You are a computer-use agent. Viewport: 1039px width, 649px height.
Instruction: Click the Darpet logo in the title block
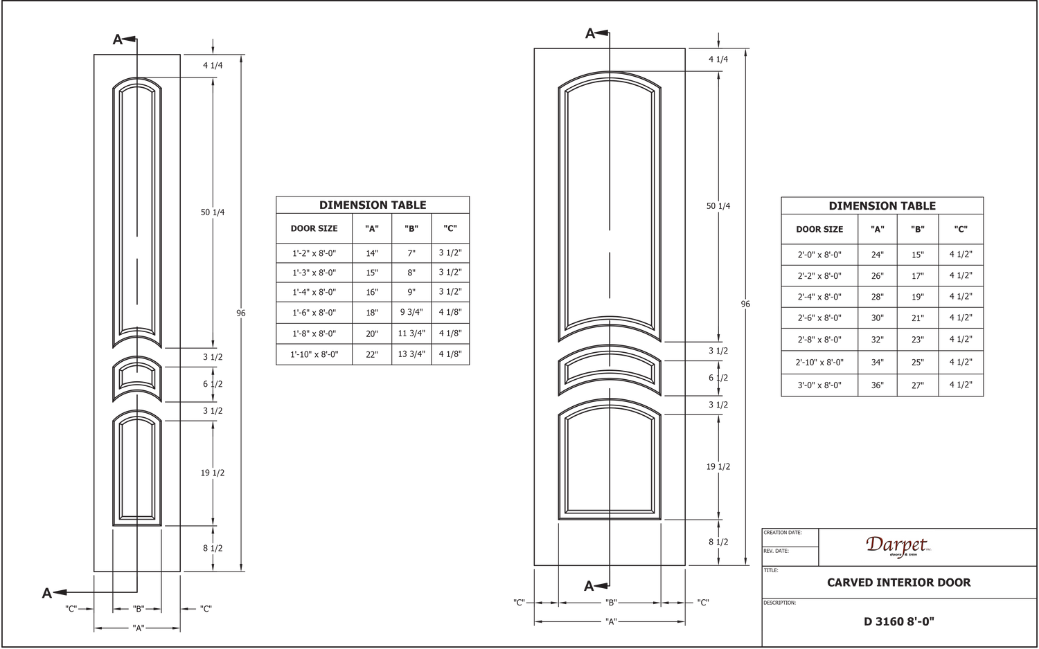pos(898,547)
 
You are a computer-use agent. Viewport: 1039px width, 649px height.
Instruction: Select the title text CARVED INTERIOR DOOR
pos(898,583)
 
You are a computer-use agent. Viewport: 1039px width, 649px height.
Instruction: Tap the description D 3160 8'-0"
pos(898,621)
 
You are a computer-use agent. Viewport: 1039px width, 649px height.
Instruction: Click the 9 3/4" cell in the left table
pos(411,312)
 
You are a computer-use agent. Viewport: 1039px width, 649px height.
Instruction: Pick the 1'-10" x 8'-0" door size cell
pos(314,354)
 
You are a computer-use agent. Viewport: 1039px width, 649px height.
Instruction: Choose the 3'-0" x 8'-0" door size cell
pos(819,385)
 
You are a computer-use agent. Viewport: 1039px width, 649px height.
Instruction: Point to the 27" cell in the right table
pos(918,385)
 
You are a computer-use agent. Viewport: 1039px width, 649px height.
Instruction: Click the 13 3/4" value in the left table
pos(411,354)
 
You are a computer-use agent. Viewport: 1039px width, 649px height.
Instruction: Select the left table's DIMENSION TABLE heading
pos(373,205)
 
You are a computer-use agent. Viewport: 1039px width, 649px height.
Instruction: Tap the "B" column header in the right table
pos(918,229)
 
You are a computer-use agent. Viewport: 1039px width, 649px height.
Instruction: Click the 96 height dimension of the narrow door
pos(241,313)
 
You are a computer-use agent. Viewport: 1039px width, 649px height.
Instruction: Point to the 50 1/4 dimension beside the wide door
pos(718,206)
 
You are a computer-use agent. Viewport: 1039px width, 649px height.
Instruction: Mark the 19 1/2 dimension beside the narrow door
pos(213,473)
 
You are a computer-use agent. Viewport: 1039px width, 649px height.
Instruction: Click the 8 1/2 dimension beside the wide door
pos(718,542)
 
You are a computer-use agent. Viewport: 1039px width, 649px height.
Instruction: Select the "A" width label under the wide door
pos(610,621)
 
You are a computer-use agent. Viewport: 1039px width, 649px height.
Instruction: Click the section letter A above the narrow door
pos(117,40)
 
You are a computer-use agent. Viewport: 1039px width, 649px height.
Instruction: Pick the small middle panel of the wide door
pos(610,370)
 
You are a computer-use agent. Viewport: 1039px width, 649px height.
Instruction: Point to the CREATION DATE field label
pos(783,533)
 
